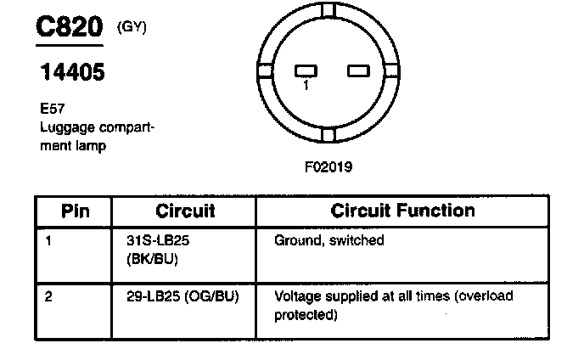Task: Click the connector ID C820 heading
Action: pyautogui.click(x=67, y=27)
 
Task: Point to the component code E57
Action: pyautogui.click(x=51, y=111)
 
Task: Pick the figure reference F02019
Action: pyautogui.click(x=328, y=166)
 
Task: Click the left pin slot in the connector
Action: pyautogui.click(x=306, y=70)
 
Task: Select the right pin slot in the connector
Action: pyautogui.click(x=357, y=70)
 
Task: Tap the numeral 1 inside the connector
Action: pyautogui.click(x=306, y=84)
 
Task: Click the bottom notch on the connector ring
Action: pyautogui.click(x=328, y=134)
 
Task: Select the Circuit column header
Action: pyautogui.click(x=185, y=211)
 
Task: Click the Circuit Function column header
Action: pyautogui.click(x=402, y=211)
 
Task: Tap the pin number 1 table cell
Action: pyautogui.click(x=48, y=240)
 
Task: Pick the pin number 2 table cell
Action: pyautogui.click(x=49, y=297)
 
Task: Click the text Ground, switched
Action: pyautogui.click(x=329, y=240)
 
